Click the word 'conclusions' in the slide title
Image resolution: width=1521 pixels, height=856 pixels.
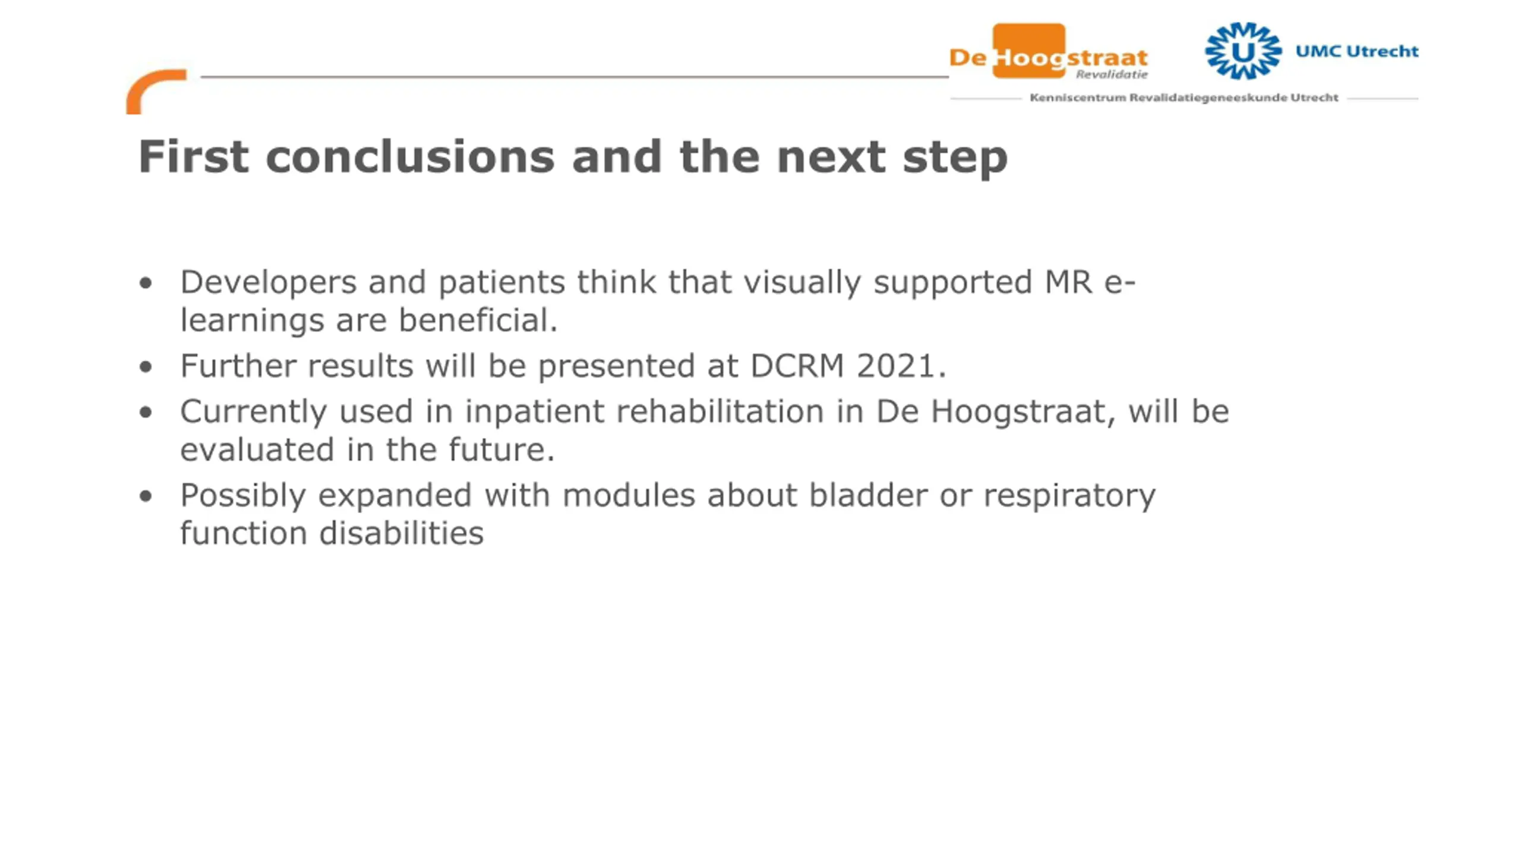pos(410,156)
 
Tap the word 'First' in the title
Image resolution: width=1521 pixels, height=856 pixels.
pos(194,156)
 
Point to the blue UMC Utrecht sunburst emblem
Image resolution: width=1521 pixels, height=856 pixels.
pos(1243,51)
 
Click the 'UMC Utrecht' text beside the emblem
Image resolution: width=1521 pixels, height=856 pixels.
pos(1357,51)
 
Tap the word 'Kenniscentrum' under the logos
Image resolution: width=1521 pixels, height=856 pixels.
pos(1078,97)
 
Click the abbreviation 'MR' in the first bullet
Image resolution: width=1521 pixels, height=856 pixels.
pos(1068,282)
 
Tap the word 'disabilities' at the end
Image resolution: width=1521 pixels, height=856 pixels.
pos(402,533)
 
